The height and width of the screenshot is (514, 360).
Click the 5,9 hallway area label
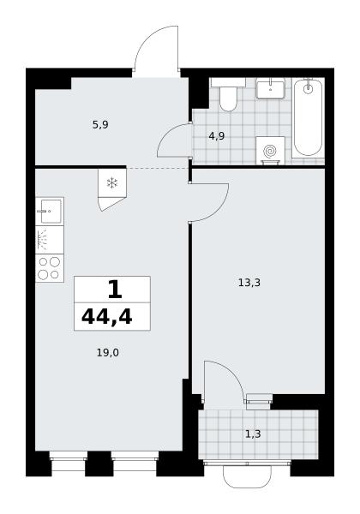[x=100, y=125]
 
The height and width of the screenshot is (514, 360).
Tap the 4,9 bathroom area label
[x=217, y=136]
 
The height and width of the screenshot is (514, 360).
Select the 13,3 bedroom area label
[x=249, y=282]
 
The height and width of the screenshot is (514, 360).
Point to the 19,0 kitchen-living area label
[x=108, y=353]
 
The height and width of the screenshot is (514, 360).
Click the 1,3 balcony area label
[x=253, y=434]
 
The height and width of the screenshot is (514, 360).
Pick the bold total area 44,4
[x=107, y=317]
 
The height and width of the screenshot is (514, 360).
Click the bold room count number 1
[x=115, y=290]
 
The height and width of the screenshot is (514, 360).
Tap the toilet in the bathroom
[x=228, y=94]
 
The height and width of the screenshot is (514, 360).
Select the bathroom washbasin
[x=270, y=88]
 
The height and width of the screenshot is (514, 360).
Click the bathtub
[x=308, y=117]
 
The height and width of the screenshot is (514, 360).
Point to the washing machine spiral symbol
[x=270, y=151]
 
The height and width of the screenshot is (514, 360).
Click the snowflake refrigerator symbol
[x=112, y=183]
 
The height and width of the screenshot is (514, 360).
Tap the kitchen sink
[x=50, y=211]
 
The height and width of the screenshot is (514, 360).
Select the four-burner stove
[x=50, y=268]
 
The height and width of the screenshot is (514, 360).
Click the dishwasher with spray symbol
[x=50, y=240]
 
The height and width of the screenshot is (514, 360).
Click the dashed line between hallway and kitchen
[x=158, y=168]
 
